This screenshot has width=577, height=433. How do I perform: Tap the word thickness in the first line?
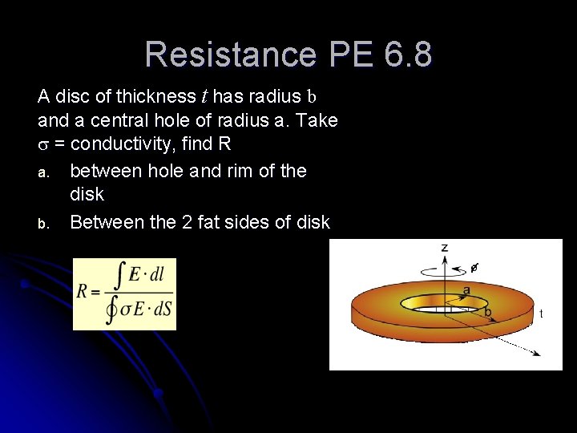[155, 97]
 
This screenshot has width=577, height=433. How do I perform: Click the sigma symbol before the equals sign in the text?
[43, 146]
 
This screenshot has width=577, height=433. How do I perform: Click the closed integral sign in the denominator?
[111, 308]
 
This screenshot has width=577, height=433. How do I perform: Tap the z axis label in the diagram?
[445, 248]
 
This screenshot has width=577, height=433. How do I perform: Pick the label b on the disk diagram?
[487, 310]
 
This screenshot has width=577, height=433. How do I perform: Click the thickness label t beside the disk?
[541, 314]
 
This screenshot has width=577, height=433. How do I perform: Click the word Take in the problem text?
[319, 121]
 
